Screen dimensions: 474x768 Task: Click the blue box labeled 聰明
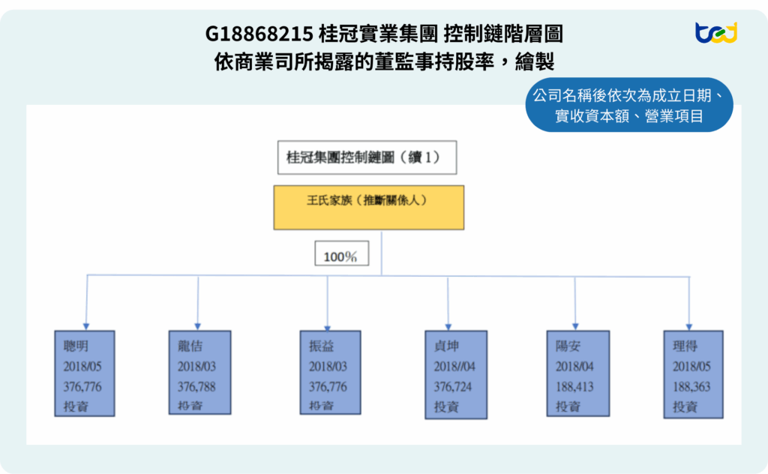pos(85,373)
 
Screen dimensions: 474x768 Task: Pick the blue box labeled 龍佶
pos(199,373)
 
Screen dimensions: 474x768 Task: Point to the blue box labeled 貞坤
pos(453,373)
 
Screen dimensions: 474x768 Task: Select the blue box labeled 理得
pos(693,373)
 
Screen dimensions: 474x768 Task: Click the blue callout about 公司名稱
pos(628,106)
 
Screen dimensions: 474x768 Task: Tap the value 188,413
pos(575,387)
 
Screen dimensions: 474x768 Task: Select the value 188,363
pos(691,387)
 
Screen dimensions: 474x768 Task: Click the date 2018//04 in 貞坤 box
pos(454,367)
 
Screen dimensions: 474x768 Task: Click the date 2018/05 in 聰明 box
pos(82,367)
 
